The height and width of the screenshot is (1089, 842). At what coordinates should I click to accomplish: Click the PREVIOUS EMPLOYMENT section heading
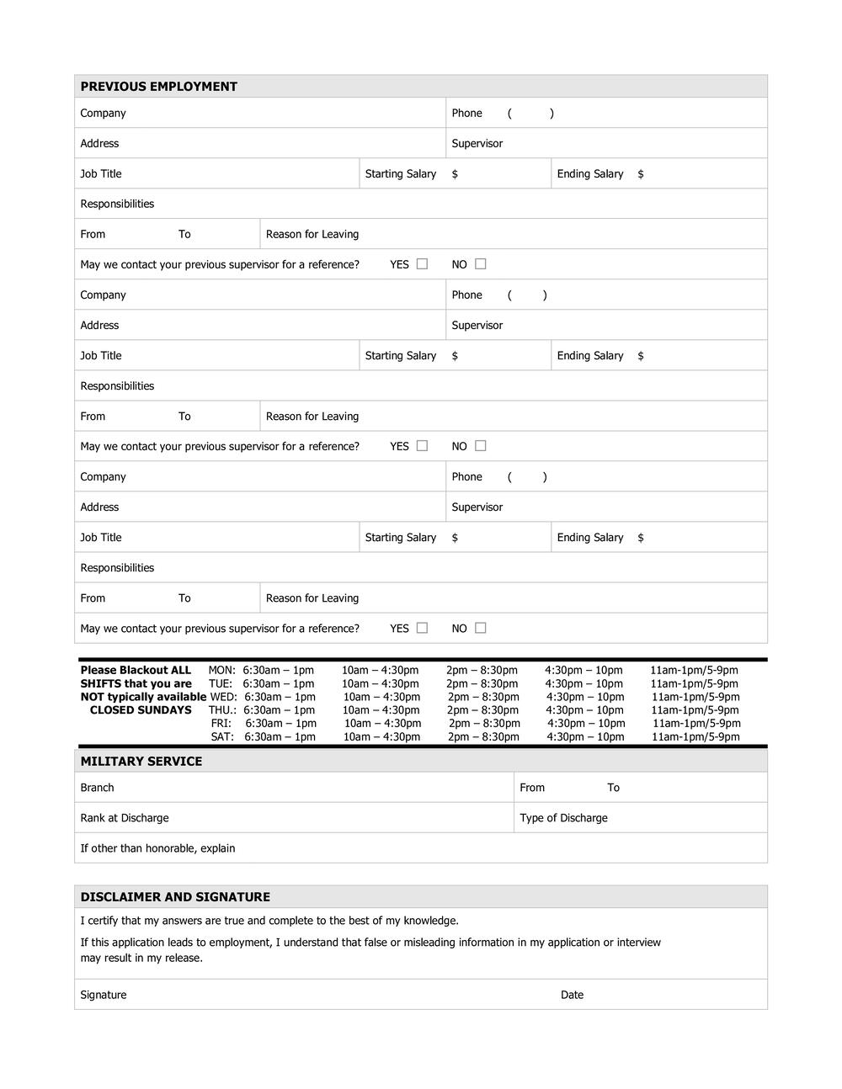(x=158, y=87)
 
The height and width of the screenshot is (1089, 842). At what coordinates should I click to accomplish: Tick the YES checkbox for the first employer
(x=422, y=264)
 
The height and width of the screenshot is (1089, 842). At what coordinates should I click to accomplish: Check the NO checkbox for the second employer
(x=480, y=446)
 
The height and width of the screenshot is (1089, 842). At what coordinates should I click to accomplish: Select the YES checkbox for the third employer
(x=422, y=628)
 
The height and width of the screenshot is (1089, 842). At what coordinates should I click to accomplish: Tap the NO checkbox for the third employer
(x=480, y=628)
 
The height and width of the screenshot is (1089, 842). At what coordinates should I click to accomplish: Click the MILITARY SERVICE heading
(x=141, y=762)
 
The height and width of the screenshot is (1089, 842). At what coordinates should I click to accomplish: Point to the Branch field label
(x=97, y=788)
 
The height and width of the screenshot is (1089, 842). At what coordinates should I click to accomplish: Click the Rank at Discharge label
(x=124, y=818)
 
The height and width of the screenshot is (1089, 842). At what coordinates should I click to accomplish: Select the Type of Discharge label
(x=563, y=818)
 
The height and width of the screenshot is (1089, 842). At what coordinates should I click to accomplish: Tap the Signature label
(x=103, y=995)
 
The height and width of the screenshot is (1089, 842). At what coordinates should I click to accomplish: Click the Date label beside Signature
(x=572, y=995)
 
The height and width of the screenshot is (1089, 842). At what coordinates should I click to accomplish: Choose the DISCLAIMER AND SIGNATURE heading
(x=175, y=897)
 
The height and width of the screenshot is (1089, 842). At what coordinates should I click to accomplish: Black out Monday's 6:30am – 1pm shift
(x=278, y=671)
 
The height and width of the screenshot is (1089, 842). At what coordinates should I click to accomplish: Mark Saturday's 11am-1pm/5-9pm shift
(x=695, y=737)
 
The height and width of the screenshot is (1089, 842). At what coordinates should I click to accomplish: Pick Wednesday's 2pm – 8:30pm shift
(x=483, y=697)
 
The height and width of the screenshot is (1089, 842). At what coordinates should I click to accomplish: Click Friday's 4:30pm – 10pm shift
(x=586, y=724)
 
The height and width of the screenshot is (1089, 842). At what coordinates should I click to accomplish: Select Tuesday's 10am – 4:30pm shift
(x=380, y=684)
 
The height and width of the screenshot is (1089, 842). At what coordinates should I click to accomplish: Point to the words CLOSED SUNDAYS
(x=141, y=710)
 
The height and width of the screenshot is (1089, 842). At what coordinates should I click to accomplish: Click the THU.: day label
(x=222, y=710)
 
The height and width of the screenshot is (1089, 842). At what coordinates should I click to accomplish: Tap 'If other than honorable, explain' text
(x=157, y=848)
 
